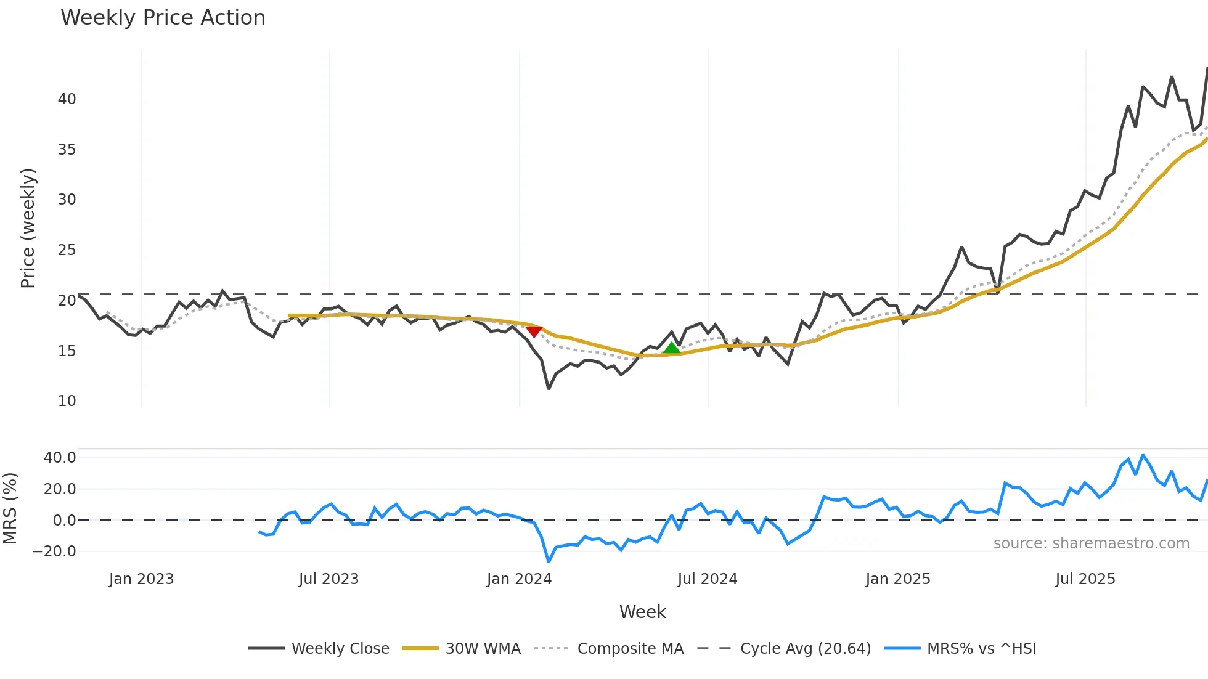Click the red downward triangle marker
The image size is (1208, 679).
pos(534,331)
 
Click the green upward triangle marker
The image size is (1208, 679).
pos(672,348)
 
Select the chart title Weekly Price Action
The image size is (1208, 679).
pos(163,18)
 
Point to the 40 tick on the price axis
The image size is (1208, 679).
pos(67,99)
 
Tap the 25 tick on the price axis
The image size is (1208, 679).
pos(67,250)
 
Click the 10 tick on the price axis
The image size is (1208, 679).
pos(67,401)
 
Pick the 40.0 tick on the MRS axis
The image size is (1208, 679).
pos(60,458)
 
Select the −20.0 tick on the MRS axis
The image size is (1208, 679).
pos(54,551)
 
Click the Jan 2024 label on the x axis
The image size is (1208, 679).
pos(519,579)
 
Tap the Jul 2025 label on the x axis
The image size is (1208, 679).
pos(1085,579)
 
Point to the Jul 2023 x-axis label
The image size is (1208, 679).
pos(329,579)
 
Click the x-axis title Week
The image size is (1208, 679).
pos(642,612)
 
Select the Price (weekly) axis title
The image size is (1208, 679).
pos(28,228)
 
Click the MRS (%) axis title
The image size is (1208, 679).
pos(10,508)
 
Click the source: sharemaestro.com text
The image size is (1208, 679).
pos(1091,543)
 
